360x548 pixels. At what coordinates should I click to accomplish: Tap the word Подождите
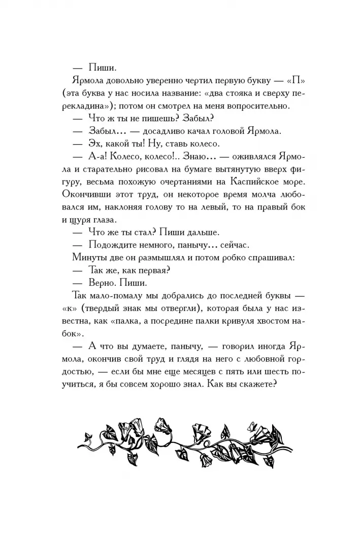click(109, 245)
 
